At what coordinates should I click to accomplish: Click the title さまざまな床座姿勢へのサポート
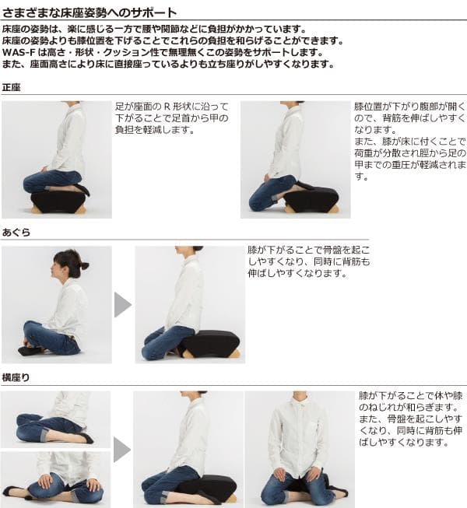point(90,12)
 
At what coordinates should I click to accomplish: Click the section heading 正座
point(12,87)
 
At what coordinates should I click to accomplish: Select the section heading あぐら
point(16,233)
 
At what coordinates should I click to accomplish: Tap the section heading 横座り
point(16,377)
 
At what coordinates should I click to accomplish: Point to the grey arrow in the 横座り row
point(122,449)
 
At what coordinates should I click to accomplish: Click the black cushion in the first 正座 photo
point(58,201)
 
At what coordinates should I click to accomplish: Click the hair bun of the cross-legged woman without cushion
point(83,266)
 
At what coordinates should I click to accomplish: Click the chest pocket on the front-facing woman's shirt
point(311,429)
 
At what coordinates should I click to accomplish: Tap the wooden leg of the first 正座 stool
point(36,210)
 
